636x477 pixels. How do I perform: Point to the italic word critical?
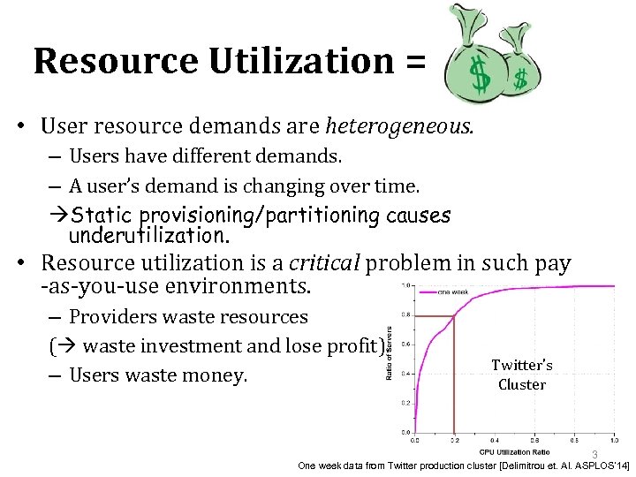point(325,262)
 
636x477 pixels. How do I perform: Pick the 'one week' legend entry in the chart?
point(454,292)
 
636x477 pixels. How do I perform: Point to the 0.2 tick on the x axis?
point(454,440)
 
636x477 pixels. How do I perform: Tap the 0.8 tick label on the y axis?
point(405,315)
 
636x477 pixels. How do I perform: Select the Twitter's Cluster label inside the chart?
point(522,375)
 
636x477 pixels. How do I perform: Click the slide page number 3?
point(594,454)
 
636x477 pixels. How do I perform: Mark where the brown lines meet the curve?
point(454,315)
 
